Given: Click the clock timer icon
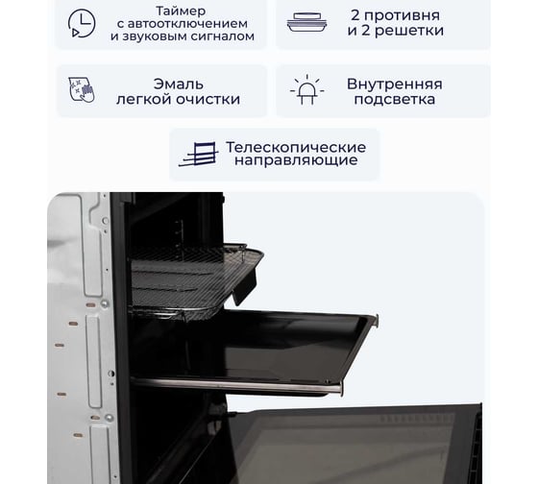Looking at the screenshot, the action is coord(82,23).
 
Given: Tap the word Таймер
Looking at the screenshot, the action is coord(181,11).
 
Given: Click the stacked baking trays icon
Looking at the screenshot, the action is coord(306,22).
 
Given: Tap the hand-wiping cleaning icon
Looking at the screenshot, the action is coord(82,90).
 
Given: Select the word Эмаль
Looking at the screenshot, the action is coord(179,85).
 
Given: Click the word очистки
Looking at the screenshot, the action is coord(208,99).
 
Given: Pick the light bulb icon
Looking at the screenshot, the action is coord(306,89).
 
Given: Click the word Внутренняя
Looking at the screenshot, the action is coord(395,85).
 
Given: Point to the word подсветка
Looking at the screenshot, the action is coord(395,100).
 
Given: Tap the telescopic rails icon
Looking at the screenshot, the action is coord(198,155).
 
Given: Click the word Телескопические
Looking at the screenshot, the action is coord(296,147).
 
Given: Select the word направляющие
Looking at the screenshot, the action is coord(296,160).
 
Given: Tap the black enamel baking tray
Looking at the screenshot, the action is coord(254,347).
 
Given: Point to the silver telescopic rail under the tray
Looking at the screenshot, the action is coord(236,385).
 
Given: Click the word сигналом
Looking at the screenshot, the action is coord(222,36).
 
